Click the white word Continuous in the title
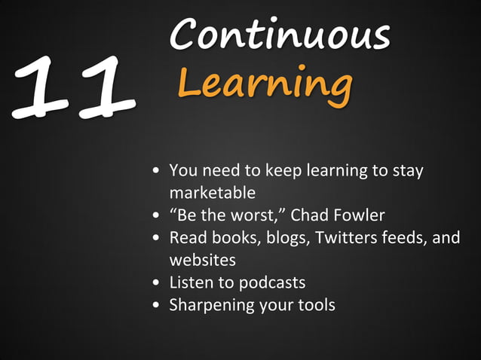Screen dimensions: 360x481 tap(280, 34)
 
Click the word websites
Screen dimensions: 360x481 tap(202, 260)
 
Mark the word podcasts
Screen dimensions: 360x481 tap(271, 282)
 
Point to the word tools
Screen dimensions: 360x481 tap(315, 305)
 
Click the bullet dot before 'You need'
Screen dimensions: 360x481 tap(155, 171)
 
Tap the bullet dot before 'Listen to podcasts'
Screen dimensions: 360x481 tap(155, 283)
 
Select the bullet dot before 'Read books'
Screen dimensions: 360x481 tap(155, 238)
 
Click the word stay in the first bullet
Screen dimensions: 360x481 tap(408, 170)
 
